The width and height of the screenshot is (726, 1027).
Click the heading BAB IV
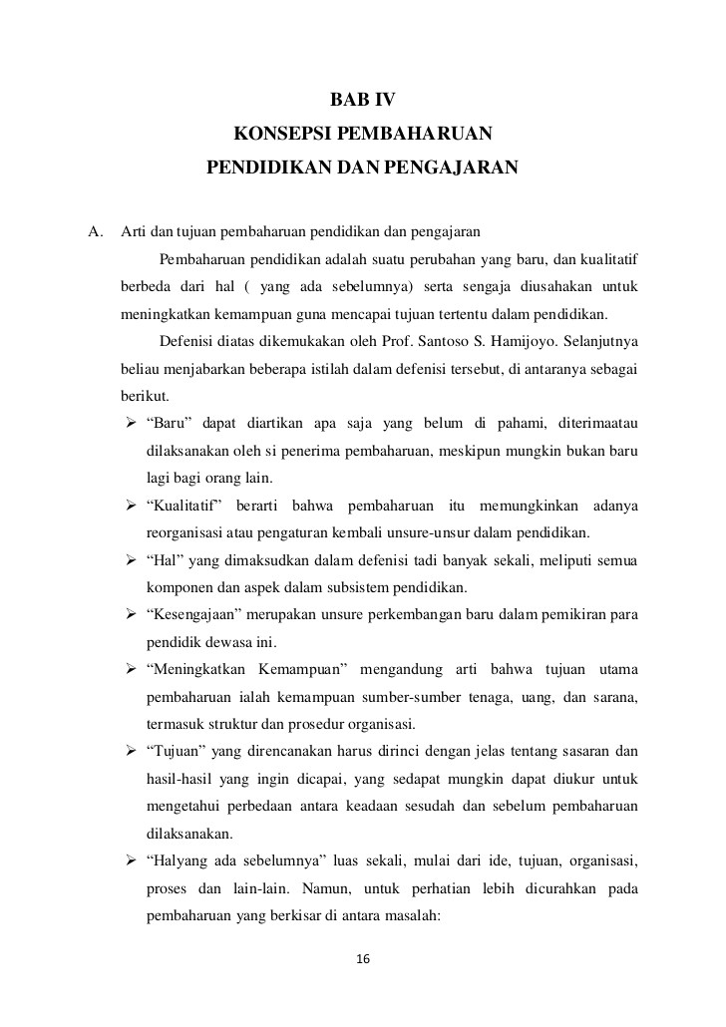click(362, 101)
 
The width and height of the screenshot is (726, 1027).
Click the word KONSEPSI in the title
click(278, 134)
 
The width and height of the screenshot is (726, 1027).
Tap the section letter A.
click(95, 233)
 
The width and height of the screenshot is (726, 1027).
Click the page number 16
click(363, 959)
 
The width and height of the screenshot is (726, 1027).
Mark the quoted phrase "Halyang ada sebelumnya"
click(229, 858)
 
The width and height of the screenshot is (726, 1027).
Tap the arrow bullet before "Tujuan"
click(130, 750)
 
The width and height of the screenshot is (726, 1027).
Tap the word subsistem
click(369, 586)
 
